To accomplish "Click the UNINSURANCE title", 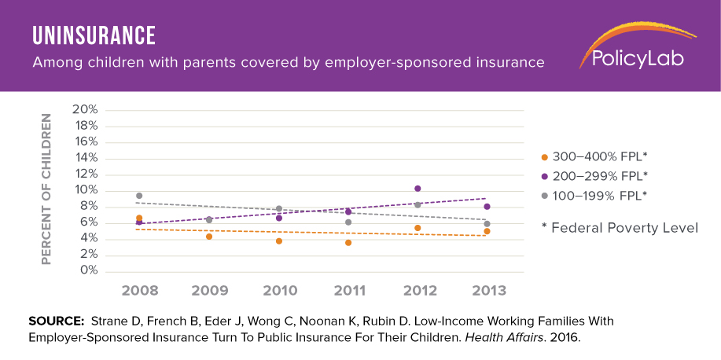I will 94,35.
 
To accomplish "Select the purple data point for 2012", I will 418,189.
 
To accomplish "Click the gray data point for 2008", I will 139,196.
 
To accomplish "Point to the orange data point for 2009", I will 209,237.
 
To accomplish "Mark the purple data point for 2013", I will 487,207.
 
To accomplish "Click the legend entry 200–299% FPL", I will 598,175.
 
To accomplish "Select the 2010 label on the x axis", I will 279,291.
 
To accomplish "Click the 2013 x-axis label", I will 487,291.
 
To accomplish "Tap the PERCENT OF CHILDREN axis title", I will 46,189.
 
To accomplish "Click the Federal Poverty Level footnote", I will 620,228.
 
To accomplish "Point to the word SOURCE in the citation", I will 56,321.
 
